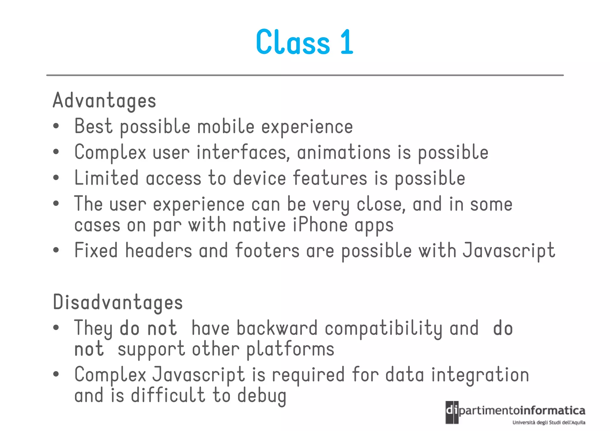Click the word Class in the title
[293, 42]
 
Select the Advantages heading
[104, 101]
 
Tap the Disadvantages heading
[118, 302]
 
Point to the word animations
[344, 152]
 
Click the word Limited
[106, 178]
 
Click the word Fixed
[96, 250]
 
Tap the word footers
[267, 250]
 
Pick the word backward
[277, 328]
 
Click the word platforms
[290, 349]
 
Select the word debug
[262, 396]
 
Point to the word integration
[480, 375]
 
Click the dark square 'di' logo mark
[452, 412]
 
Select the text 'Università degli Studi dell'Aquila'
[549, 422]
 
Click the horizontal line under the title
[305, 75]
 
